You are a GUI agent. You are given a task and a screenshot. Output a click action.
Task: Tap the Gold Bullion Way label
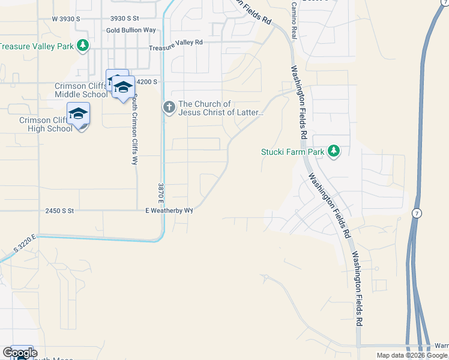(x=131, y=30)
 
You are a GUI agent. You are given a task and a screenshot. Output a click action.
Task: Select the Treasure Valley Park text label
(x=37, y=46)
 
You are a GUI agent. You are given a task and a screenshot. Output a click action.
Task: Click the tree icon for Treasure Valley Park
(x=83, y=46)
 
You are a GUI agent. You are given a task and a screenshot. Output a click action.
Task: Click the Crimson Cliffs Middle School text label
(x=82, y=90)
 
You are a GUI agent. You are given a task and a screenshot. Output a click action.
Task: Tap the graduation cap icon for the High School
(x=78, y=113)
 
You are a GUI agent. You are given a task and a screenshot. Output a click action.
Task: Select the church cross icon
(x=169, y=107)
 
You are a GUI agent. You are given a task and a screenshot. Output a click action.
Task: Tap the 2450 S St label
(x=59, y=211)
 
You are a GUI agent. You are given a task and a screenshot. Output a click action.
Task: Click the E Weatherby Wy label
(x=169, y=211)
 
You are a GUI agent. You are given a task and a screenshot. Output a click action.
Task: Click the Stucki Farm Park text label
(x=292, y=152)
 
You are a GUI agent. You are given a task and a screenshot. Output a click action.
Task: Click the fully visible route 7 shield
(x=416, y=213)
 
